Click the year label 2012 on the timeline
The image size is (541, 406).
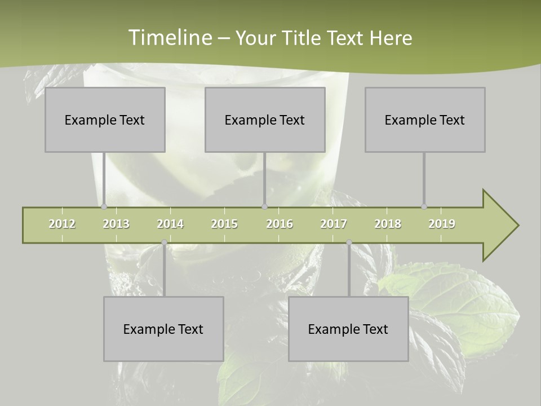click(62, 224)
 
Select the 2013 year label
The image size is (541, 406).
click(116, 224)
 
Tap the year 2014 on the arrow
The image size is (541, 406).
click(170, 224)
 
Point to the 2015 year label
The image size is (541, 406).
click(224, 224)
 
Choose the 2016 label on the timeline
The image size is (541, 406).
click(280, 224)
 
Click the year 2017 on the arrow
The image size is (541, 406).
click(334, 224)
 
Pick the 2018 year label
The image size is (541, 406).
click(388, 224)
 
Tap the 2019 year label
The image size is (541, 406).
click(442, 224)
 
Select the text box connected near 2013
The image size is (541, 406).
click(105, 120)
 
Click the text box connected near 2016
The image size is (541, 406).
click(265, 120)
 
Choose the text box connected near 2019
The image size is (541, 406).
click(425, 120)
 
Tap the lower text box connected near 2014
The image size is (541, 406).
click(163, 329)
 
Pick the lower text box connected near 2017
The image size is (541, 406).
click(348, 329)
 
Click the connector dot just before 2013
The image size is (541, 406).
click(104, 207)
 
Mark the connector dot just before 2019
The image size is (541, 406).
click(424, 207)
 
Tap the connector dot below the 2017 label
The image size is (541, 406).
click(349, 242)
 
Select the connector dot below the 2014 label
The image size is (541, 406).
click(164, 242)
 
